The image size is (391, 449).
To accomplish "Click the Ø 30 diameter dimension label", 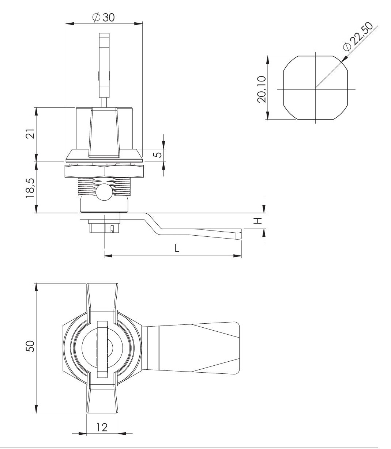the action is (x=104, y=17).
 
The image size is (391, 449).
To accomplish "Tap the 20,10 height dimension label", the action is (x=262, y=89).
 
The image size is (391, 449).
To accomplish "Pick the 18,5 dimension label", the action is (x=30, y=188).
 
